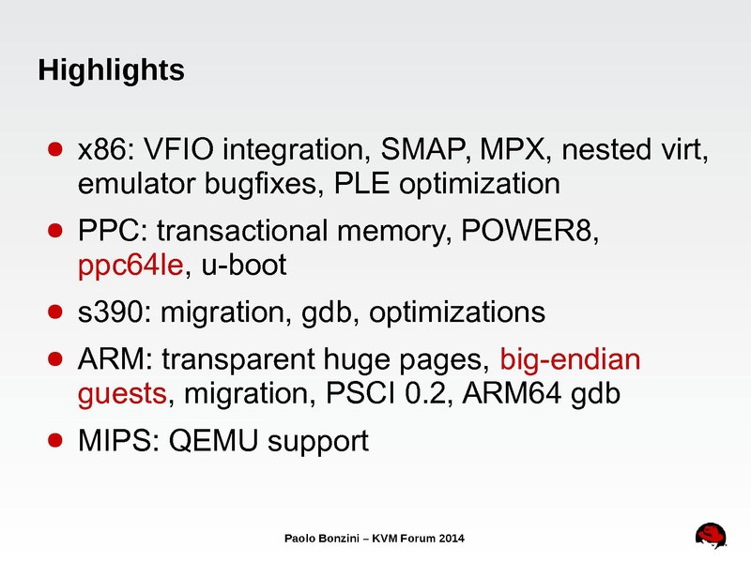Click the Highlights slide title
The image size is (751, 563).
(x=110, y=70)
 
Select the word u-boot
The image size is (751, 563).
(x=243, y=266)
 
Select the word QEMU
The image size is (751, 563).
(x=214, y=439)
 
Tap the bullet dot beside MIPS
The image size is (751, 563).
(x=55, y=439)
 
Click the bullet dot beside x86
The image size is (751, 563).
(x=55, y=150)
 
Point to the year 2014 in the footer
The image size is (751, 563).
(x=447, y=538)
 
